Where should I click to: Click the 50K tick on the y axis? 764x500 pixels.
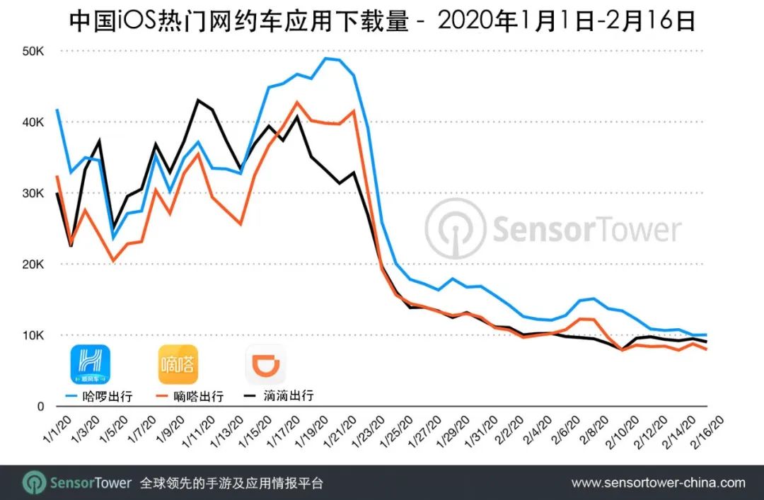click(33, 52)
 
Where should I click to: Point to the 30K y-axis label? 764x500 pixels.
click(33, 194)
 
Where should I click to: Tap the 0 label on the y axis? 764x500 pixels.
click(42, 407)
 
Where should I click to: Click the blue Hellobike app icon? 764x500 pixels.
click(90, 364)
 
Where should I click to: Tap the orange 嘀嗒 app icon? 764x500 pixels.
click(178, 364)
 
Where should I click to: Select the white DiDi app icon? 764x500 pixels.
click(265, 364)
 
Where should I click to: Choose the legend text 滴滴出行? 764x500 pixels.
click(287, 396)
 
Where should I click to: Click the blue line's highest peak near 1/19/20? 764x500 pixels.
click(326, 58)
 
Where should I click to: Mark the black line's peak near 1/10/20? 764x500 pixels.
click(197, 100)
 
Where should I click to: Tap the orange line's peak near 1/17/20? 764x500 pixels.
click(297, 102)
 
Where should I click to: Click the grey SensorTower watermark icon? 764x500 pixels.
click(456, 229)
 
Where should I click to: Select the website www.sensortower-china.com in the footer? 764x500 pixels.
click(658, 484)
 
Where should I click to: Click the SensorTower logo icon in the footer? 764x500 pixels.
click(34, 483)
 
